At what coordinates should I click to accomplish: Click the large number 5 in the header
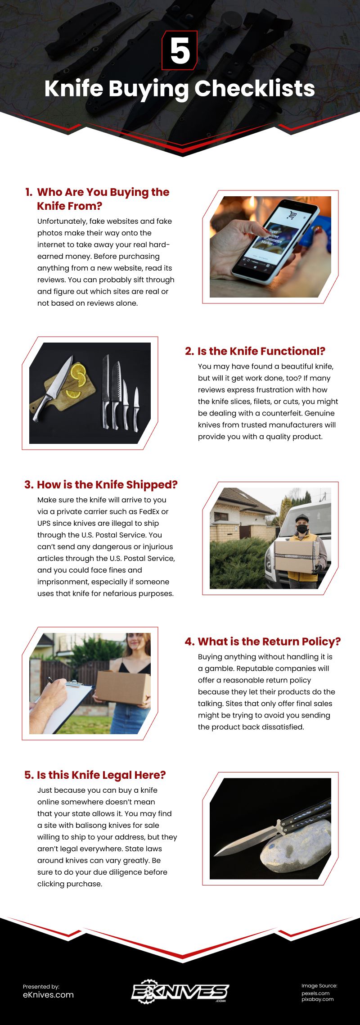[x=180, y=51]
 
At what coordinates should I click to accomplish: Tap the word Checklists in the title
[x=255, y=88]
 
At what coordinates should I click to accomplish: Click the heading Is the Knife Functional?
[x=255, y=351]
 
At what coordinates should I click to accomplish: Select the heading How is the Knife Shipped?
[x=101, y=485]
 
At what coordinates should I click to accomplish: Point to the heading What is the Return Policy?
[x=263, y=641]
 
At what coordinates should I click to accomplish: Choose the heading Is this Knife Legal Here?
[x=95, y=775]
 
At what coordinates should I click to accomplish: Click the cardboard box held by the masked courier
[x=297, y=556]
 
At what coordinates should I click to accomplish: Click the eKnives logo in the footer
[x=180, y=991]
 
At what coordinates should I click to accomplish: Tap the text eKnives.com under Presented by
[x=48, y=995]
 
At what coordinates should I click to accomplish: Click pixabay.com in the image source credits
[x=317, y=999]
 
